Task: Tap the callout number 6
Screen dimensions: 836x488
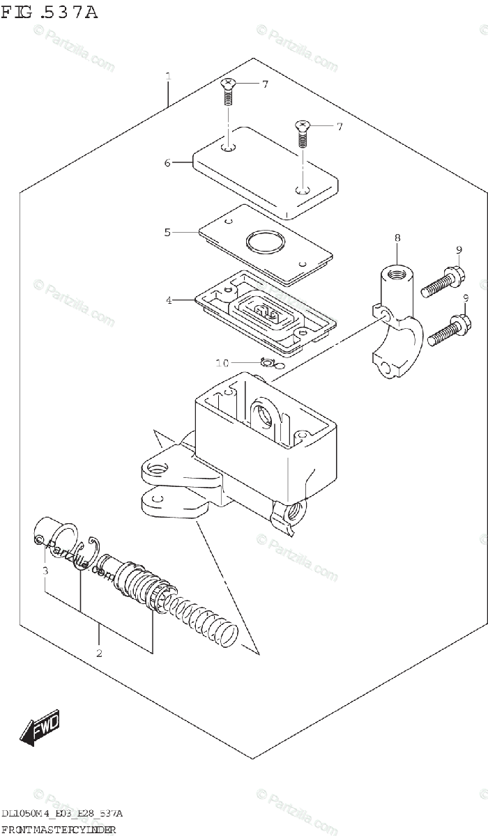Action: pos(167,163)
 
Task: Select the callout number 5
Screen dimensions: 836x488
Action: pos(167,232)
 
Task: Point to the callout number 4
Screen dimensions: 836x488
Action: pos(168,300)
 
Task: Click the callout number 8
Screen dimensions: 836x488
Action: pos(397,238)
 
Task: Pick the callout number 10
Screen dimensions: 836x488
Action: pos(222,363)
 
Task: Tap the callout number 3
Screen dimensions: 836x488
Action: pos(45,571)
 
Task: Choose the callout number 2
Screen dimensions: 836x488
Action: pos(99,653)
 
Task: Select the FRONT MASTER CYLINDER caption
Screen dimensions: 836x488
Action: pos(59,828)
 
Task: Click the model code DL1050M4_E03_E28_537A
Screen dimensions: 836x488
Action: pos(63,814)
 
